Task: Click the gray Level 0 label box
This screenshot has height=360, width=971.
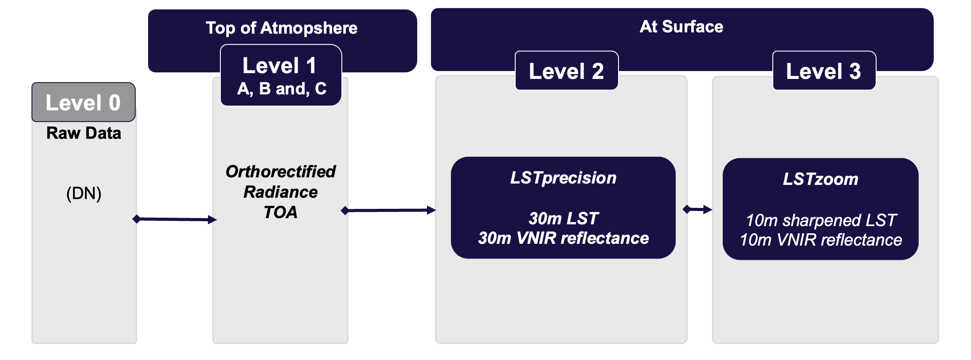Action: (x=83, y=102)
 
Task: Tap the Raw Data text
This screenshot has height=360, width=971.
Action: (x=83, y=133)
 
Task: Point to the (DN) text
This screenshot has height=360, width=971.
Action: (x=84, y=193)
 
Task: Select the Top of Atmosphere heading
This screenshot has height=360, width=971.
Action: (x=282, y=28)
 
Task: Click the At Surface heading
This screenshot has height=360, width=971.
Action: (x=681, y=27)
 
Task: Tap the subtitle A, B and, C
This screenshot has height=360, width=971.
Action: (x=282, y=89)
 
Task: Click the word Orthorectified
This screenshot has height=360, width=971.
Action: (x=280, y=172)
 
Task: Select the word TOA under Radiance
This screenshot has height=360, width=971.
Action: (x=280, y=212)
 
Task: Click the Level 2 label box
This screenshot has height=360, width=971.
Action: (x=566, y=71)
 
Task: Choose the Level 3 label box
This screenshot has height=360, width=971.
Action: (x=823, y=71)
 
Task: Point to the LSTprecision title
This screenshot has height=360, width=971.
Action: (x=563, y=178)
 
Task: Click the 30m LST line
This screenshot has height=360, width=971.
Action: (x=563, y=218)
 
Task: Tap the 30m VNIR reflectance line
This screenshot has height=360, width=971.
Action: (x=563, y=238)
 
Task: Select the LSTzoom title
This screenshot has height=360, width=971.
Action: (x=820, y=179)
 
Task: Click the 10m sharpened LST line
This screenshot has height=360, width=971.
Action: (x=821, y=220)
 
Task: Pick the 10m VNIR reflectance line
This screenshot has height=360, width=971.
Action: (x=821, y=240)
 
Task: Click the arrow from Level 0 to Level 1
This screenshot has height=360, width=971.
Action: (x=175, y=219)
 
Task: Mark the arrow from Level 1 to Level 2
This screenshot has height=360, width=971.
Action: (x=388, y=210)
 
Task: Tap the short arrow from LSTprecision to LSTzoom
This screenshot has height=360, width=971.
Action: (x=697, y=209)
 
